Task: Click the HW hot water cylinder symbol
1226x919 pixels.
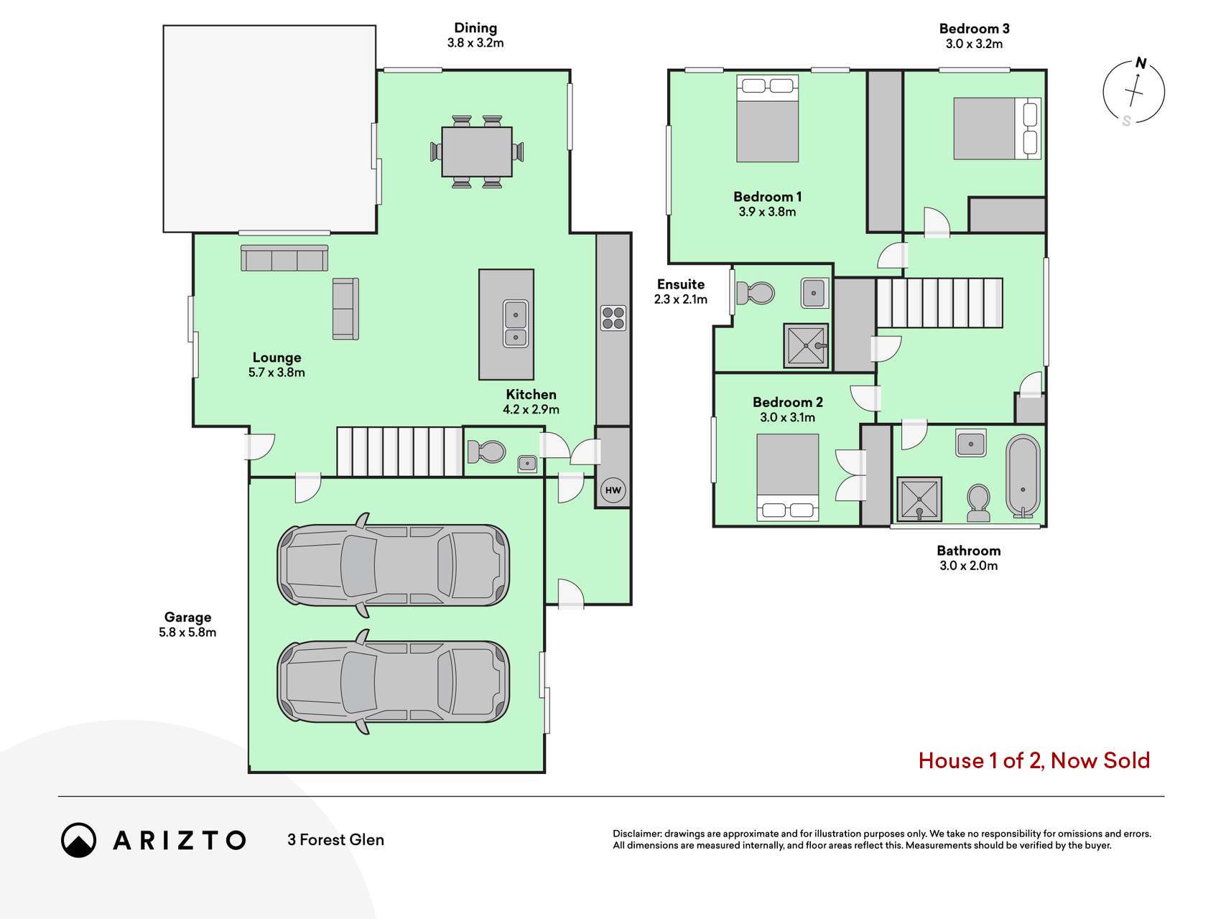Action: (613, 491)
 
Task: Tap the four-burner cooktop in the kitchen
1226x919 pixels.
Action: (613, 318)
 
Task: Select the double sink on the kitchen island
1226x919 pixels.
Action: (516, 324)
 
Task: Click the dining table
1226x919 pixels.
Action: (477, 151)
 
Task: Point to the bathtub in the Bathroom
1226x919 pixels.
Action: (1022, 476)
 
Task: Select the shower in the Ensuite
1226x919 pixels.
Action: (806, 346)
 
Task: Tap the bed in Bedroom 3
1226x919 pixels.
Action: (997, 129)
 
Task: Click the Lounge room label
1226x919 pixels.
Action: (277, 358)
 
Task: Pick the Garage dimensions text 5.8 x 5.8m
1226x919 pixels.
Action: (187, 633)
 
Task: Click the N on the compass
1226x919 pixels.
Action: (1141, 63)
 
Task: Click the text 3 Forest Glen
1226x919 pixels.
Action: (335, 840)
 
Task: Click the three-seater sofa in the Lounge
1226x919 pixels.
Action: (284, 258)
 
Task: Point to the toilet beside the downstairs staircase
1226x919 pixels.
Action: (486, 452)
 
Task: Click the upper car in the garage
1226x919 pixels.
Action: (393, 564)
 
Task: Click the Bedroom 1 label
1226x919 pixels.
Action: (767, 197)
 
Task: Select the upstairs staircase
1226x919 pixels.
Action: (939, 303)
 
